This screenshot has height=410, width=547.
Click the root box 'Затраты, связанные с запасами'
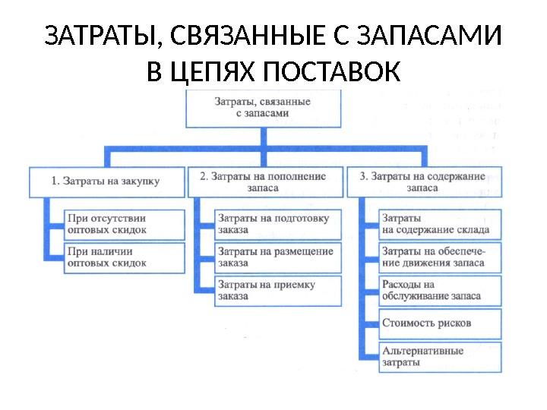(262, 108)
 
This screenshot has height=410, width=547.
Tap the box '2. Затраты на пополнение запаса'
(263, 182)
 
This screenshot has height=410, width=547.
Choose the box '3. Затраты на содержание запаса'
(422, 182)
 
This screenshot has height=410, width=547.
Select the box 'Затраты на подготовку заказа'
(273, 223)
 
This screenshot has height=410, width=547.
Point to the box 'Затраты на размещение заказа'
(273, 257)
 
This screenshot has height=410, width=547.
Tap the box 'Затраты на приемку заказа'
(273, 290)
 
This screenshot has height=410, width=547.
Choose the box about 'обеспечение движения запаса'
(439, 257)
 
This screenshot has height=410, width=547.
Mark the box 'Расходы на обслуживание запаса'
(439, 290)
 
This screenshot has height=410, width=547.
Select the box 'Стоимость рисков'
(439, 323)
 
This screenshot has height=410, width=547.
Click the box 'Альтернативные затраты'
(439, 357)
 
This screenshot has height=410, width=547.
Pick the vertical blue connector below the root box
(262, 137)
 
